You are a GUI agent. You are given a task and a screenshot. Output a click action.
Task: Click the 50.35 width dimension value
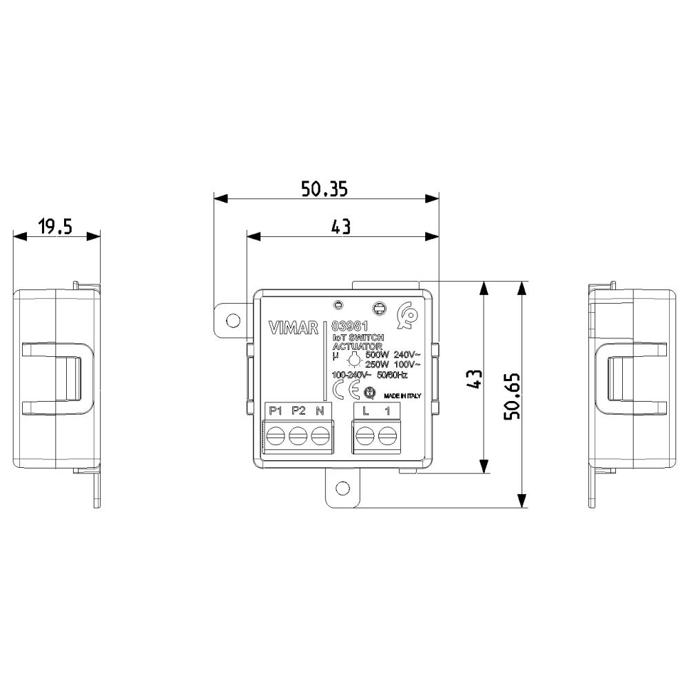coord(324,188)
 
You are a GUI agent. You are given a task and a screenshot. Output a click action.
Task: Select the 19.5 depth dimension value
coord(55,227)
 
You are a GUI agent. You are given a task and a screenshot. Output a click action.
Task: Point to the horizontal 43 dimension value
coord(341,227)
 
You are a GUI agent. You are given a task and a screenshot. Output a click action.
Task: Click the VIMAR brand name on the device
coord(294,328)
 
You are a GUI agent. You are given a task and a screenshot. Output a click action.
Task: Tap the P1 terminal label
coord(276,411)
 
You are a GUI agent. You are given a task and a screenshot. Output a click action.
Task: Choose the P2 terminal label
coord(298,411)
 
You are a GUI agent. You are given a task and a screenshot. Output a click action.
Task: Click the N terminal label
coord(319,411)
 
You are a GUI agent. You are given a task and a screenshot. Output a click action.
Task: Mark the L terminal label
coord(366,411)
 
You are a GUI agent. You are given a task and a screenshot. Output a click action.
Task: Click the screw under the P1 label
coord(276,436)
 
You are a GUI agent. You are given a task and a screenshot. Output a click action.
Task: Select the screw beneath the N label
coord(319,436)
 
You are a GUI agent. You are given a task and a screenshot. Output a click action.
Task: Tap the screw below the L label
coord(366,436)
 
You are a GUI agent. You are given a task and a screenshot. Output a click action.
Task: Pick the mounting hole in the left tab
coord(233,320)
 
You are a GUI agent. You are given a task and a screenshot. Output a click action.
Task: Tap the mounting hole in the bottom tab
coord(342,488)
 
